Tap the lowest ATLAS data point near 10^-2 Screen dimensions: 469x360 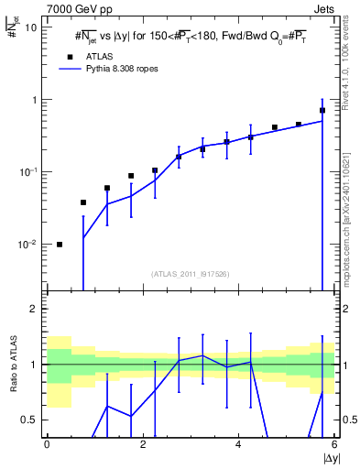[60, 245]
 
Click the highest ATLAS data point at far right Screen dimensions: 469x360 [322, 111]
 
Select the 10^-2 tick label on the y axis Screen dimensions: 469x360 [28, 245]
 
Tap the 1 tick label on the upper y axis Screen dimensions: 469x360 [35, 99]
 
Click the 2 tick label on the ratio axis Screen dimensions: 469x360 [35, 309]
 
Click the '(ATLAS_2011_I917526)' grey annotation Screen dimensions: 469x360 [190, 273]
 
